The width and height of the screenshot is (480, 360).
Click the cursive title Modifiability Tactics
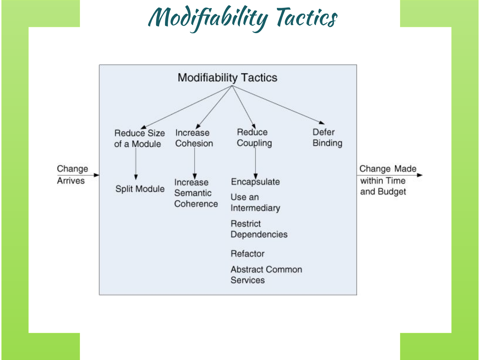point(242,18)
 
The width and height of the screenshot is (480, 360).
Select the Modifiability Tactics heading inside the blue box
point(227,77)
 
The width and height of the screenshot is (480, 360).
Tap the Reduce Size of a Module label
point(139,138)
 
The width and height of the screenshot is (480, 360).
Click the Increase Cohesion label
point(194,138)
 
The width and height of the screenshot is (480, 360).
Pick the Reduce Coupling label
point(254,137)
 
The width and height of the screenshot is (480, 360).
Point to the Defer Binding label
point(327,137)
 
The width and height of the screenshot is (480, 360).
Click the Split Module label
point(140,189)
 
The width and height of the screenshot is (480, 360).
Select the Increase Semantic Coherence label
point(196,193)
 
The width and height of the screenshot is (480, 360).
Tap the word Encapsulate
point(255,182)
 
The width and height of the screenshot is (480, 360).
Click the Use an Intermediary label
point(255,202)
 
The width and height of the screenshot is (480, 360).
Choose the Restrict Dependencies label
point(259,229)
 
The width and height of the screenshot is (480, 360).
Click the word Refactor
point(247,253)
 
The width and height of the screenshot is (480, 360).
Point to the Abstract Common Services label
point(266,275)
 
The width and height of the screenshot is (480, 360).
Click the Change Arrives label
point(72,175)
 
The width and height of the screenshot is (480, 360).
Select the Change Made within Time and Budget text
point(387,180)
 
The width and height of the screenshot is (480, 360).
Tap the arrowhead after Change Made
point(420,175)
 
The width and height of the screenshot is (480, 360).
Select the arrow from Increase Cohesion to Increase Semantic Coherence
point(194,162)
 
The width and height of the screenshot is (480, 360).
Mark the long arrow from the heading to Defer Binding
point(278,104)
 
